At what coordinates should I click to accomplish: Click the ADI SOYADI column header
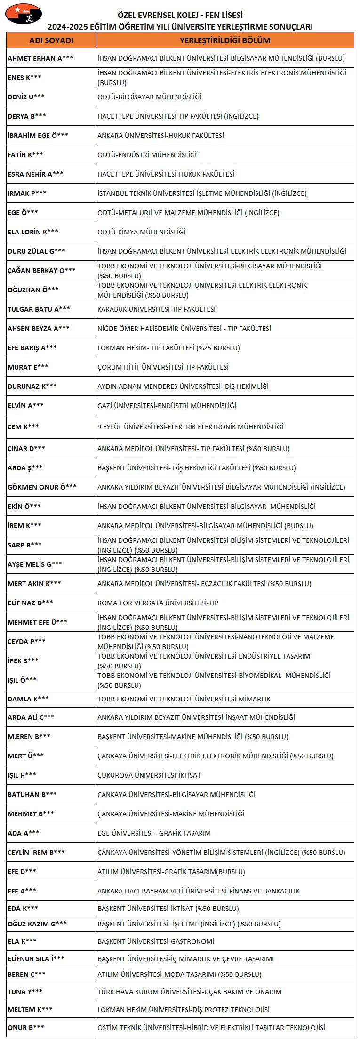(51, 40)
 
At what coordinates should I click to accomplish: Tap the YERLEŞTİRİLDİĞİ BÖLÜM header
(225, 40)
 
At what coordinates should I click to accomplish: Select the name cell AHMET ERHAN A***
(40, 58)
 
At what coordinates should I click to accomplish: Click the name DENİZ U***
(26, 97)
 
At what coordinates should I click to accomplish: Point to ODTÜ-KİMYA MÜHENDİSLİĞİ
(141, 232)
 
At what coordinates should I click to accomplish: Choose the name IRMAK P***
(27, 193)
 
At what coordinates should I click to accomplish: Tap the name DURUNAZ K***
(32, 386)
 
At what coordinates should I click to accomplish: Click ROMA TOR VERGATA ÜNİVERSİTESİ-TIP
(158, 603)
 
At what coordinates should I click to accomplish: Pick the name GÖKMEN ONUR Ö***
(42, 487)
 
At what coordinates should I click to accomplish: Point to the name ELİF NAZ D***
(30, 603)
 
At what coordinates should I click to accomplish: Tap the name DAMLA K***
(28, 699)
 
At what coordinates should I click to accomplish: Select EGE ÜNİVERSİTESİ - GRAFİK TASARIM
(154, 833)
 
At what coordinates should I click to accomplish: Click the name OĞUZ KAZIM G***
(37, 924)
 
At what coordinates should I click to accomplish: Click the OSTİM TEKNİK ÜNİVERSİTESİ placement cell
(211, 1028)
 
